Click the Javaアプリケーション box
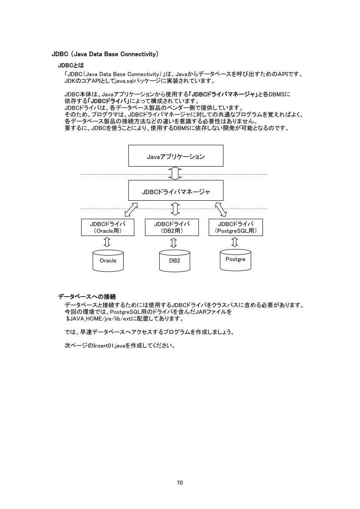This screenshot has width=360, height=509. [x=175, y=156]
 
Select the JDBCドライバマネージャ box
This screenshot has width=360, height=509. [x=175, y=191]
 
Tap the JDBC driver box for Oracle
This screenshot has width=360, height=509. [x=108, y=227]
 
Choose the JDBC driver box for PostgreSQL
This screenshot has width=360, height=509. [x=236, y=227]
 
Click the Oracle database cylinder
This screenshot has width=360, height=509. [x=108, y=260]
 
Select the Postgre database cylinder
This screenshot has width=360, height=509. [x=236, y=259]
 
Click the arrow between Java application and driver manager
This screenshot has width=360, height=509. [x=175, y=173]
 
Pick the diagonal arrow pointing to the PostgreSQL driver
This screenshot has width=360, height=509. [x=221, y=209]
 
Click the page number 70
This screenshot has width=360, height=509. [x=180, y=482]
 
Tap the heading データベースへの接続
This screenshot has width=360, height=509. [x=87, y=297]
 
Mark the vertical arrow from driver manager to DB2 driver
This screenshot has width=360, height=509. [x=175, y=209]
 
